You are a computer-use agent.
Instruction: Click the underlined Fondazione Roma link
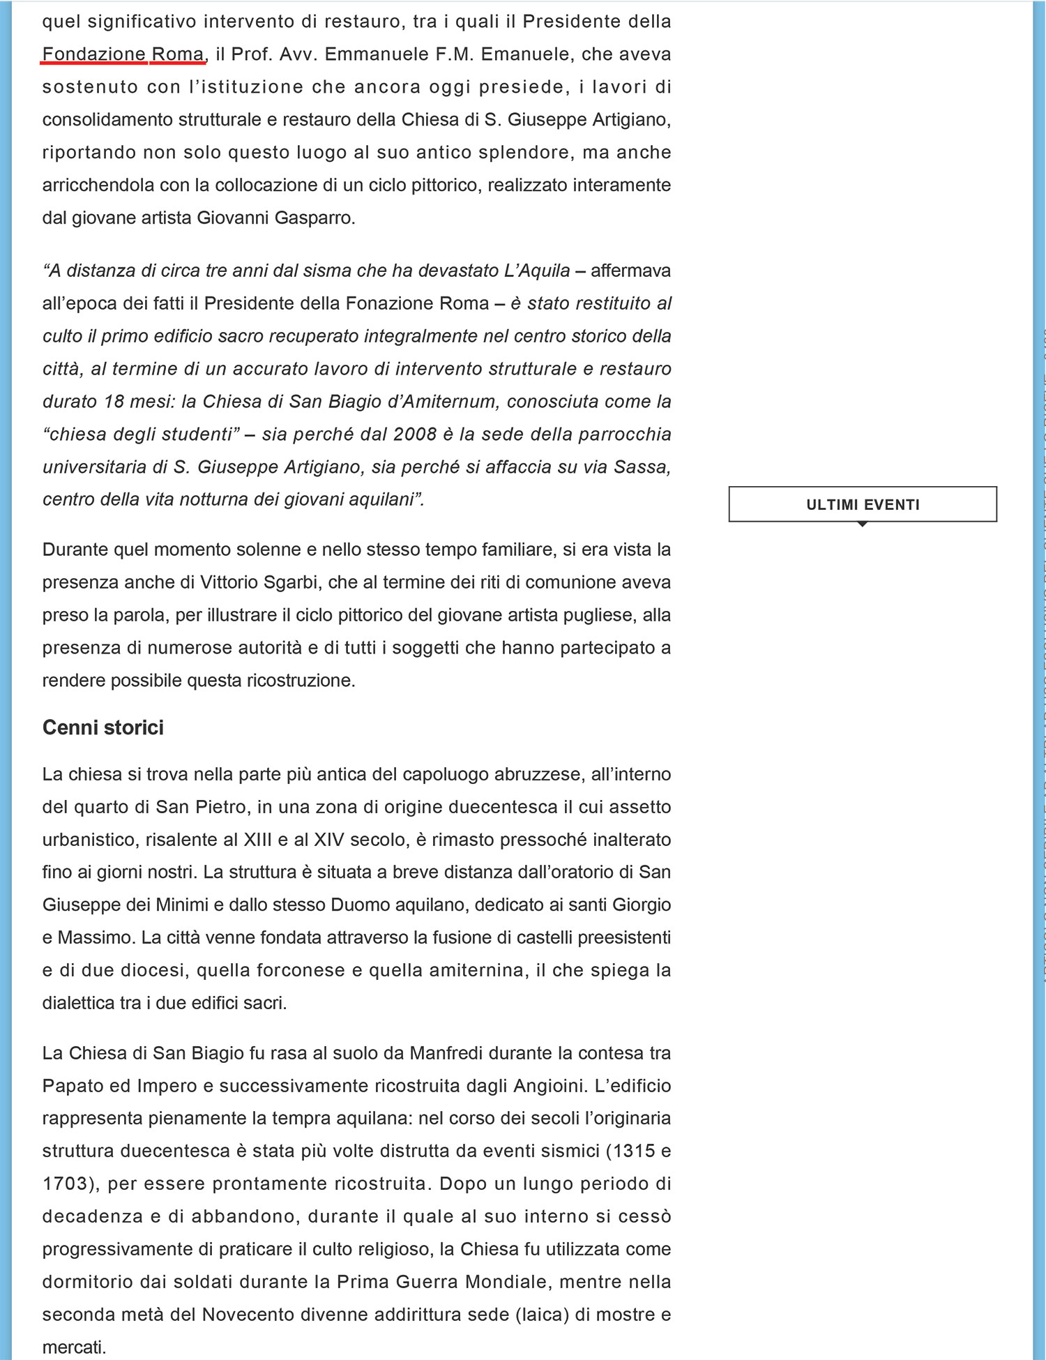point(123,54)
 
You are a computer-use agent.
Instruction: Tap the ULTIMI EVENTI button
point(863,504)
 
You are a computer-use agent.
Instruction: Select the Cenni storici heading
point(103,727)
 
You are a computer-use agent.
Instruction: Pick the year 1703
point(66,1184)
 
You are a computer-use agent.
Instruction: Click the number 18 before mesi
point(114,402)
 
